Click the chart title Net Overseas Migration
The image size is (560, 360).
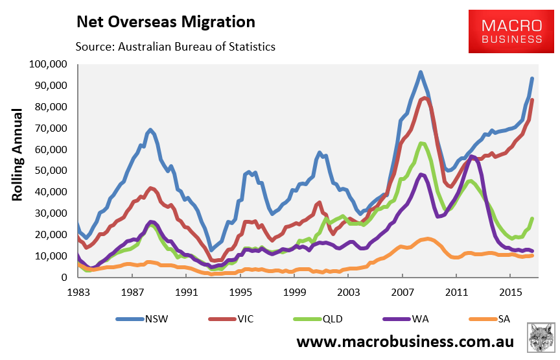coord(165,21)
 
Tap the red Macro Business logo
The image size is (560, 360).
coord(511,32)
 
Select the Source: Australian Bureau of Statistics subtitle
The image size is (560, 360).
coord(176,47)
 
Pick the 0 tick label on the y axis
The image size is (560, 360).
coord(65,277)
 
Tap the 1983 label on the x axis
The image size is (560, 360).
coord(78,291)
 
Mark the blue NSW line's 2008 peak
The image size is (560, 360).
coord(421,72)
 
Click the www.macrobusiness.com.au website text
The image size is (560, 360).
coord(406,342)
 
